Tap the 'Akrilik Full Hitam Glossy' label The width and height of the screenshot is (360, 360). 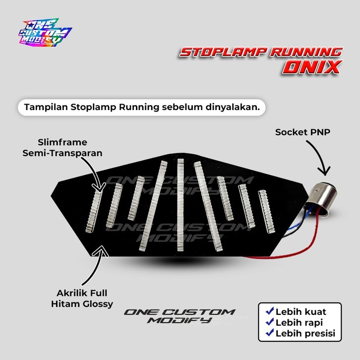coord(81,298)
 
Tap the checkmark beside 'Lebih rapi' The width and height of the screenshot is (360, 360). coord(270,322)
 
